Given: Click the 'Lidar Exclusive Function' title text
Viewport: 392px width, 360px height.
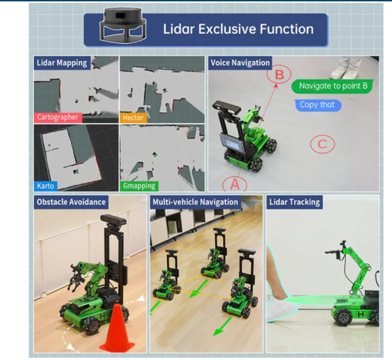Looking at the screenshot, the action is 238,29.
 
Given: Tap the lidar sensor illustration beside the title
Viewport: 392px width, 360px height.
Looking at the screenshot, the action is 123,24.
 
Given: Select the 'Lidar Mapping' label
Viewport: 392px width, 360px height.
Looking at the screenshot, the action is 62,63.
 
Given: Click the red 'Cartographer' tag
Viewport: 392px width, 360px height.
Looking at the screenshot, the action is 58,117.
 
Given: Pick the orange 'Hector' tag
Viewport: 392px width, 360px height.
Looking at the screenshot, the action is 133,118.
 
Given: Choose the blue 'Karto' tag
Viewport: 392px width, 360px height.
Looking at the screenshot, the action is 46,186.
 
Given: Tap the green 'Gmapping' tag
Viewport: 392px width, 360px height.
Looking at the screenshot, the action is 139,186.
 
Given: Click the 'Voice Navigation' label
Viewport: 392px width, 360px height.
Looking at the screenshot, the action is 240,63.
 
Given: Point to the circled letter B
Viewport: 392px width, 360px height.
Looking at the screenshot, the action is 279,74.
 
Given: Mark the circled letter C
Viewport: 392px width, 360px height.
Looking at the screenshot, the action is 322,144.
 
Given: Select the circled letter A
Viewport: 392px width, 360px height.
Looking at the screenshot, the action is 235,184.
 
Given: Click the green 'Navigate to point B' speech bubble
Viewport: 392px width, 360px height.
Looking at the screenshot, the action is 333,86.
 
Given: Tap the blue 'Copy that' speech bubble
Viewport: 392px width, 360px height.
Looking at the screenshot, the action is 317,105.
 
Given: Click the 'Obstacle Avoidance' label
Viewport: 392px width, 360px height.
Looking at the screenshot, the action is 71,202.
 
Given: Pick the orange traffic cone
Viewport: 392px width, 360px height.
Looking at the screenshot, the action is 117,329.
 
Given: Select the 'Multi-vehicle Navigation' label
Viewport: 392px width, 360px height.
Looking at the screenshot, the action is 195,202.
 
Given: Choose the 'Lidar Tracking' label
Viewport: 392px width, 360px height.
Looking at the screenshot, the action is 294,202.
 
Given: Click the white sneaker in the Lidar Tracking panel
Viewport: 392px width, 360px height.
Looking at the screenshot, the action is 281,309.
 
